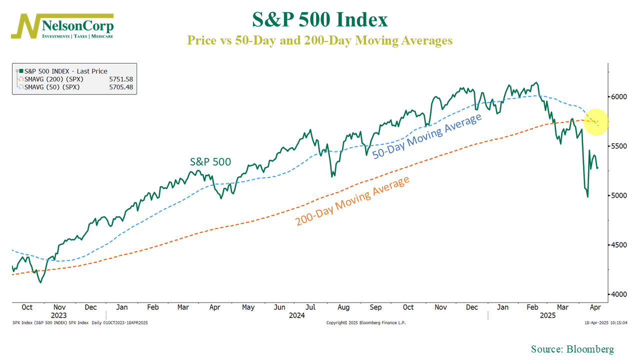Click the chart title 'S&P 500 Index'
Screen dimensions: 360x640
click(320, 20)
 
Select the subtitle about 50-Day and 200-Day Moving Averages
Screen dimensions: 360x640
click(320, 40)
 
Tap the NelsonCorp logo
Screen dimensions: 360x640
click(62, 26)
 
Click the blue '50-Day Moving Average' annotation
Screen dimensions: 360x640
click(427, 135)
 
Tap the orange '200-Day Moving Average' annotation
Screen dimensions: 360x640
click(352, 201)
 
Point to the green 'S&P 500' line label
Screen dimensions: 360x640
click(210, 161)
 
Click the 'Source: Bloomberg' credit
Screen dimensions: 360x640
click(572, 349)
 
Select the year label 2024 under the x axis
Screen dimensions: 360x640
click(296, 315)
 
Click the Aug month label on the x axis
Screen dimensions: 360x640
click(343, 307)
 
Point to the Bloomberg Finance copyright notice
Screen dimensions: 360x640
click(366, 323)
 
